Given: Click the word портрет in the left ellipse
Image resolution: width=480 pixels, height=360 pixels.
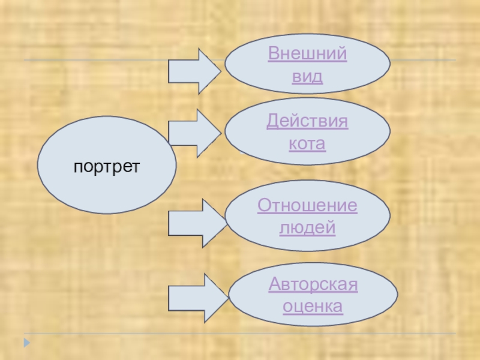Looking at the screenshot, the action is (107, 164).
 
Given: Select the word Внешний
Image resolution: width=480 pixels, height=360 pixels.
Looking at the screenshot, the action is (307, 54).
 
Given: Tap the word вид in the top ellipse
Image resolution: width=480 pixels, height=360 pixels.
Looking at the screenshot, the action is (307, 77).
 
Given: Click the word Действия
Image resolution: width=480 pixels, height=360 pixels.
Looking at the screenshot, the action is (307, 122).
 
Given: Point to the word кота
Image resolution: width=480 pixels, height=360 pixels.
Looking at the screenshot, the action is (307, 145).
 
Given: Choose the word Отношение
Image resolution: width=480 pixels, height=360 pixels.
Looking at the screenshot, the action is (307, 206).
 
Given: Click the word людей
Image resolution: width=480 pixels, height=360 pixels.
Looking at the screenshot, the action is (307, 229).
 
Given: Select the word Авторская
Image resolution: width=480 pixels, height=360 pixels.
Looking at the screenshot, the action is (313, 284).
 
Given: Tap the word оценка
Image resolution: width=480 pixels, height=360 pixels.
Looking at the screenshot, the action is (313, 307).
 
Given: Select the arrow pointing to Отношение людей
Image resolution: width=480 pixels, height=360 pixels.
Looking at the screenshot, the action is (196, 223).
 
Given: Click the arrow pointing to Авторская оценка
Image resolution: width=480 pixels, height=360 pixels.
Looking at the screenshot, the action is (197, 298).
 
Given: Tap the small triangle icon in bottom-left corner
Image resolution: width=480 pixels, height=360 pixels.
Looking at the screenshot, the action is (26, 344).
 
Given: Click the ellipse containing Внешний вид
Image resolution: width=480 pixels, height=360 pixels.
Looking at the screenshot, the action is (360, 66).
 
